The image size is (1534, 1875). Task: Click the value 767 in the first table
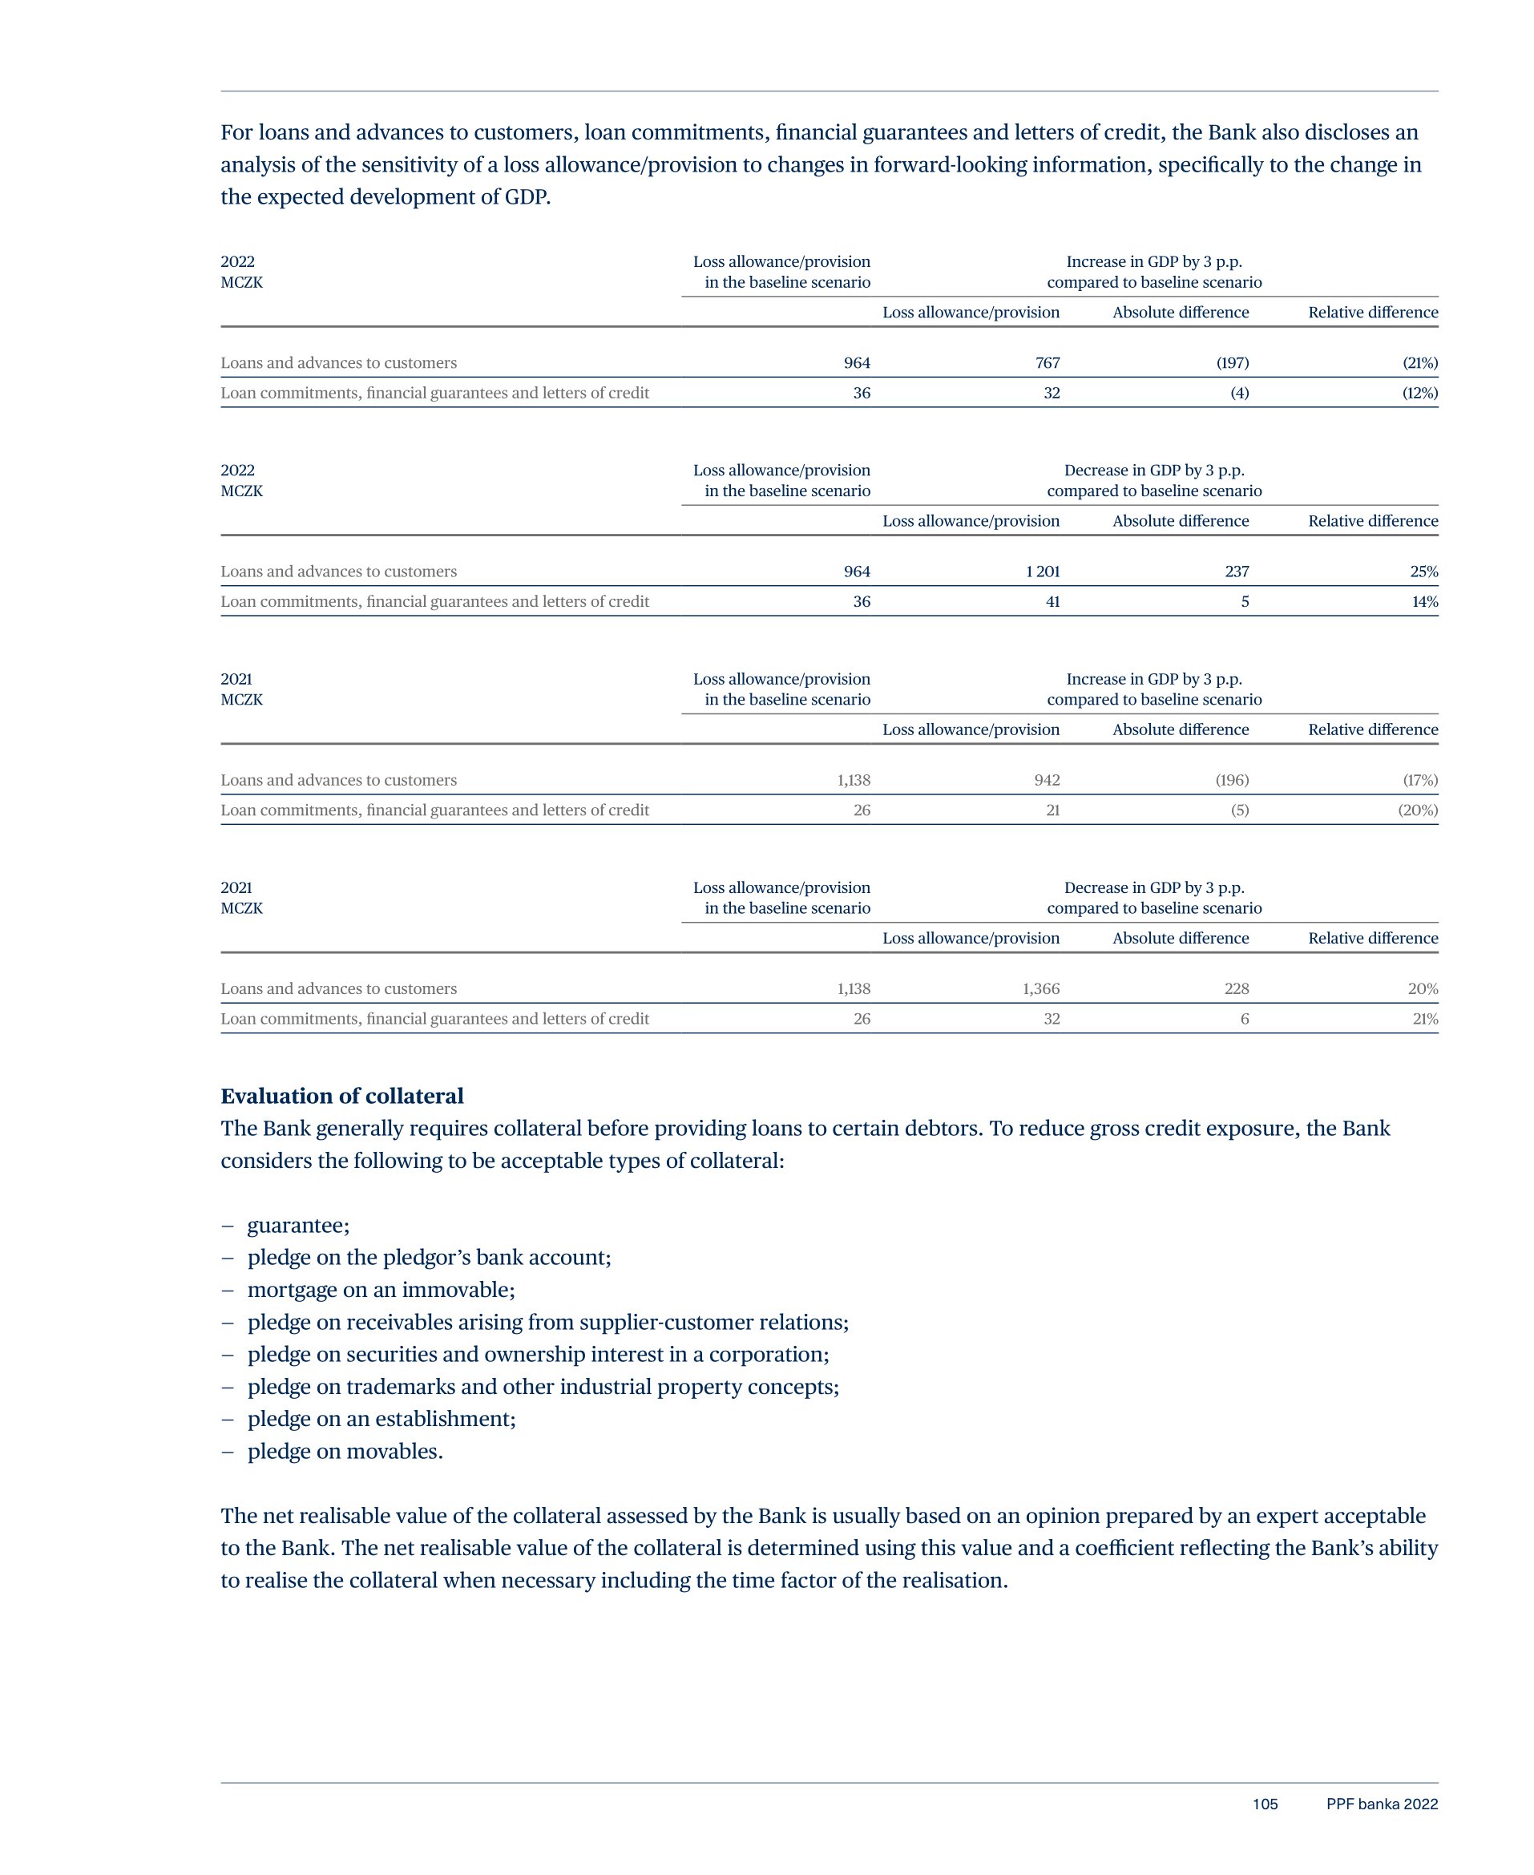[x=1048, y=362]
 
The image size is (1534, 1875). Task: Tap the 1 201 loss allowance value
[x=1043, y=571]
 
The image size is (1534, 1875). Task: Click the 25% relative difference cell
[x=1423, y=571]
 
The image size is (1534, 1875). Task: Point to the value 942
[x=1048, y=779]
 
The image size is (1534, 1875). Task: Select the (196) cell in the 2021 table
[x=1232, y=779]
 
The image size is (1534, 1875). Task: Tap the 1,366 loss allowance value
[x=1041, y=988]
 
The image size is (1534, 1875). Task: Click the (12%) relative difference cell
[x=1420, y=392]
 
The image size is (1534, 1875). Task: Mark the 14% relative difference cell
[x=1424, y=601]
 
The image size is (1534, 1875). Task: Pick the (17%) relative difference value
[x=1420, y=779]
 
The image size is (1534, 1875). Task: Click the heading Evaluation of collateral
[x=342, y=1096]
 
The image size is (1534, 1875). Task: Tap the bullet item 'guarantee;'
[x=298, y=1225]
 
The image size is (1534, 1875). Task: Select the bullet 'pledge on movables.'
[x=345, y=1451]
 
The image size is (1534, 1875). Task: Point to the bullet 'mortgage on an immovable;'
[x=381, y=1289]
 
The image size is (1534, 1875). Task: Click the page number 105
[x=1265, y=1804]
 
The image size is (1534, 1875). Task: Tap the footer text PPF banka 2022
[x=1382, y=1804]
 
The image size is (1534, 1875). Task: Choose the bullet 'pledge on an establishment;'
[x=381, y=1418]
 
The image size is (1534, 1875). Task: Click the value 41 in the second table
[x=1052, y=601]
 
